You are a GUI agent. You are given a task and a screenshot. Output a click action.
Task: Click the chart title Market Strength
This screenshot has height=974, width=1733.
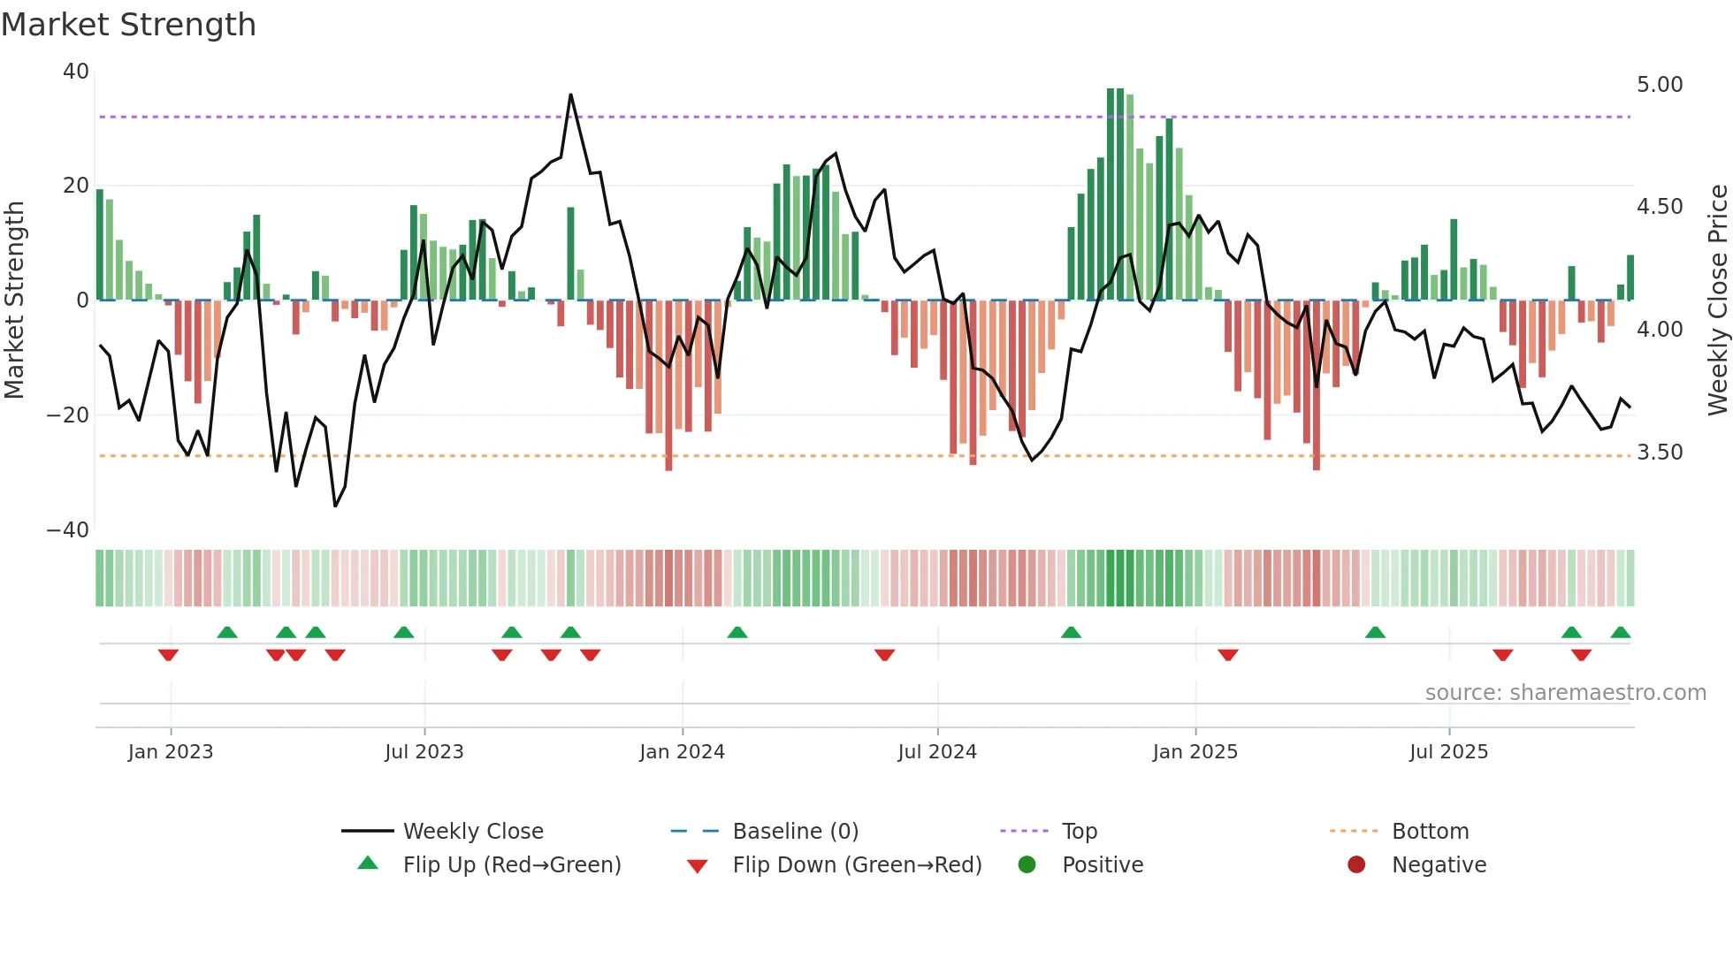[128, 25]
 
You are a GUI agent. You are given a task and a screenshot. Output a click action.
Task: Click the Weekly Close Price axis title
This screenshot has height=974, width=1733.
[1717, 301]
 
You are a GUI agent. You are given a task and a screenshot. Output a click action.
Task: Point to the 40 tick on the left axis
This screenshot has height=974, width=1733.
[76, 72]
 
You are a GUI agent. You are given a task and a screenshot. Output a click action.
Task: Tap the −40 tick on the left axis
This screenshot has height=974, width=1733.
[68, 530]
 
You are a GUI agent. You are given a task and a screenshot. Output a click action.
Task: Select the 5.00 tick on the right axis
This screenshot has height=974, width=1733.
[1659, 85]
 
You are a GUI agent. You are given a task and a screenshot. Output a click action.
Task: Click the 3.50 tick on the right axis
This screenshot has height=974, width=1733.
[1659, 453]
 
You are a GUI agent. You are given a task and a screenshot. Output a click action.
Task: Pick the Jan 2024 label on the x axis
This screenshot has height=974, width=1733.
[682, 752]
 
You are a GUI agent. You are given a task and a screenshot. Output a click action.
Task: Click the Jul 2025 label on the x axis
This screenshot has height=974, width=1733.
[1448, 752]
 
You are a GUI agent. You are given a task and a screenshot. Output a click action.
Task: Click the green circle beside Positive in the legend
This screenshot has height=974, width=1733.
[1027, 864]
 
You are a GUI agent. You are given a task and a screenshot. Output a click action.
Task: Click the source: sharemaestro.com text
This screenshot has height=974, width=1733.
[1565, 693]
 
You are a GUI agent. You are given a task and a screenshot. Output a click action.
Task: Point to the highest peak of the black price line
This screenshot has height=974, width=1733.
[570, 95]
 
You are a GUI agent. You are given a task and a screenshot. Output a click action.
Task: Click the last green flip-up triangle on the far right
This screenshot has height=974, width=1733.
[1620, 633]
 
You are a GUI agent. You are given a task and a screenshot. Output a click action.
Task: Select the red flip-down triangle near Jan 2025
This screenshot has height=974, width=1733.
[1227, 655]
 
